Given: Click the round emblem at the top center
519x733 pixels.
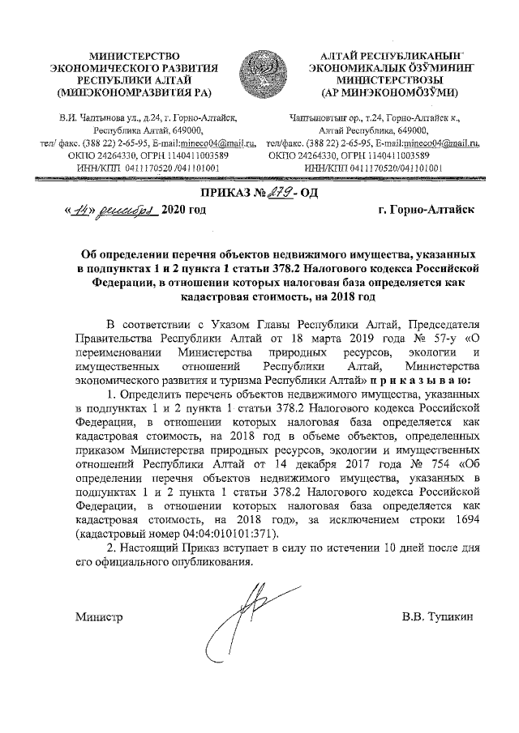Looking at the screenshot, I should pos(259,68).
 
